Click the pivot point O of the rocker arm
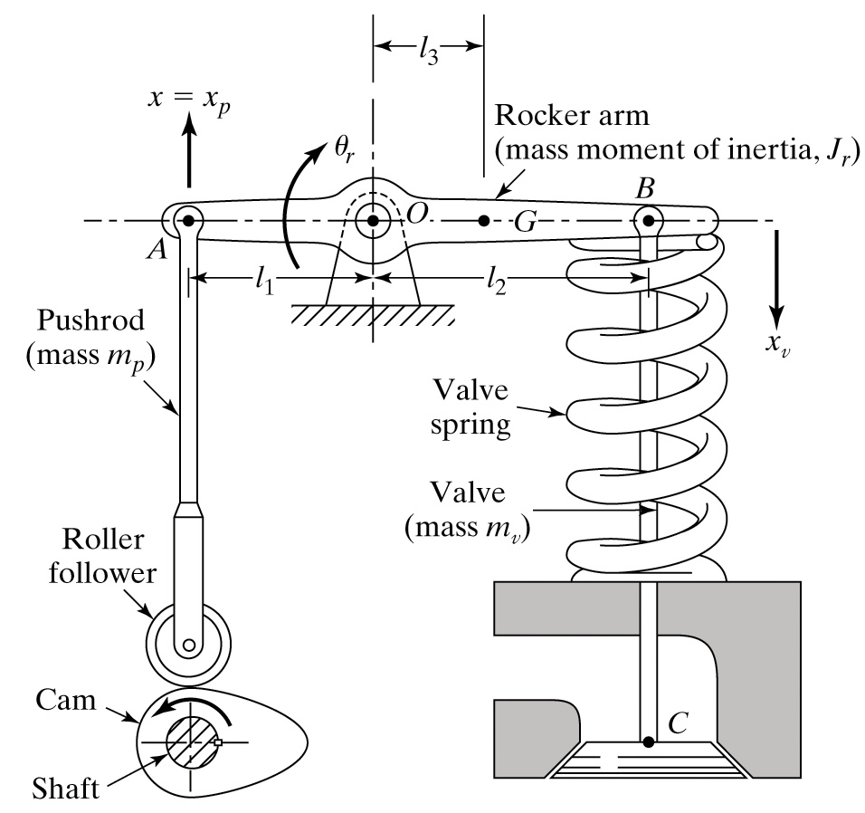pyautogui.click(x=373, y=220)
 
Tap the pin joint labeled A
pyautogui.click(x=187, y=220)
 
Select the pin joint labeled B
pyautogui.click(x=648, y=220)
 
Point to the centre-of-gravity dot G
pyautogui.click(x=484, y=220)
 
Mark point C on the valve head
pyautogui.click(x=648, y=742)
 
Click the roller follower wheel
pyautogui.click(x=187, y=645)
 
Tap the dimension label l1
pyautogui.click(x=264, y=281)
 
